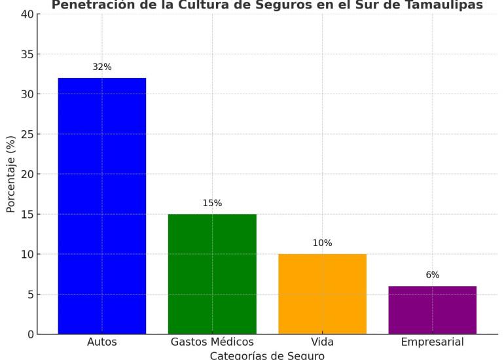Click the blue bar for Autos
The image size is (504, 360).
[x=102, y=206]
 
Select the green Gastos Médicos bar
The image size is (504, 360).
[x=212, y=274]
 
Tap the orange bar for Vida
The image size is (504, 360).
[x=322, y=294]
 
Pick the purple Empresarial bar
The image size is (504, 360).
[x=432, y=310]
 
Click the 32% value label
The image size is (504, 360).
[x=102, y=67]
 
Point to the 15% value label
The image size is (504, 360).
[x=212, y=203]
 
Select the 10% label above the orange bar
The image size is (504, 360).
[x=322, y=243]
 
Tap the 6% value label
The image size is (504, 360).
[x=432, y=275]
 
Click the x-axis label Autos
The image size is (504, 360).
[x=102, y=342]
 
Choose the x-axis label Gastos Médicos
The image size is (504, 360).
[x=212, y=342]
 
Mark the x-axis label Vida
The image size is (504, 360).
[x=322, y=342]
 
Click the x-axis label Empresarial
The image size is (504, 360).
[x=432, y=342]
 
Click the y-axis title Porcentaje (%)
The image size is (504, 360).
[x=10, y=174]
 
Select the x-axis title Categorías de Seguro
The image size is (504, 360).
[x=267, y=355]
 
